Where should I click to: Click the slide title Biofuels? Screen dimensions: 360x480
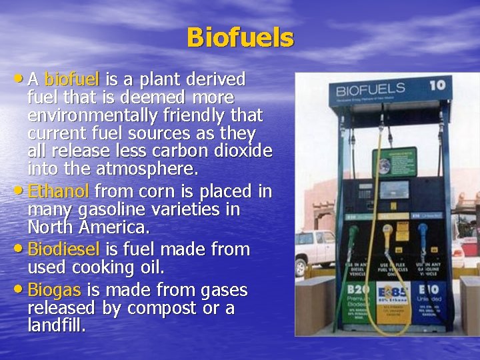pyautogui.click(x=240, y=37)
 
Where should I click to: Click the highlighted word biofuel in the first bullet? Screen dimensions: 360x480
pyautogui.click(x=71, y=80)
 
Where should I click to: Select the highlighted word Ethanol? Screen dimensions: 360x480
pyautogui.click(x=58, y=192)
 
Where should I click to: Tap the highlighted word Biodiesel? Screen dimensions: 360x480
pyautogui.click(x=64, y=250)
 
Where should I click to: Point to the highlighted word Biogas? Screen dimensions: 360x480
pyautogui.click(x=55, y=291)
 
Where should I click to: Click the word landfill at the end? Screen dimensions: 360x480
pyautogui.click(x=56, y=326)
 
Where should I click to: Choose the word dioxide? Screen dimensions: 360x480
pyautogui.click(x=239, y=149)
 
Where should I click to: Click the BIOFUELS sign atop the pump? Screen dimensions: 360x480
pyautogui.click(x=371, y=89)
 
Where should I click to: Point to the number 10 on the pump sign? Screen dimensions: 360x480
pyautogui.click(x=437, y=85)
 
